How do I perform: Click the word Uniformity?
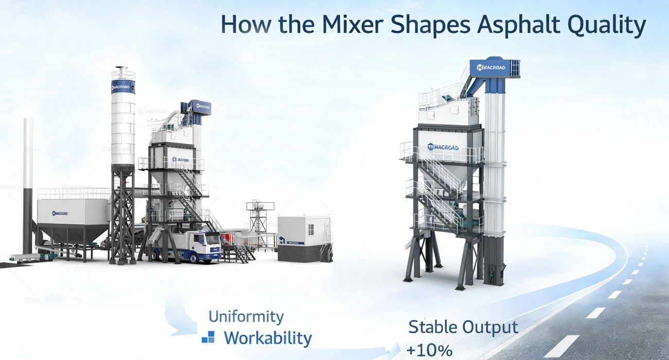pyautogui.click(x=246, y=316)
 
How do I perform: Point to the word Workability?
pyautogui.click(x=268, y=338)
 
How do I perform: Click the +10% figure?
pyautogui.click(x=429, y=350)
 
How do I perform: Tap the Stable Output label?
pyautogui.click(x=463, y=327)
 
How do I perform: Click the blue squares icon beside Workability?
pyautogui.click(x=208, y=337)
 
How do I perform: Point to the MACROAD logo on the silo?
pyautogui.click(x=123, y=87)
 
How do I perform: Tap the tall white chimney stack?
pyautogui.click(x=28, y=180)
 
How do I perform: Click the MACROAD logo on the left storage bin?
pyautogui.click(x=60, y=213)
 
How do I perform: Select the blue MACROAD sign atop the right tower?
pyautogui.click(x=491, y=67)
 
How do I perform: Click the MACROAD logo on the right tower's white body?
pyautogui.click(x=443, y=148)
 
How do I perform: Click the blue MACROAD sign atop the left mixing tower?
pyautogui.click(x=201, y=107)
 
